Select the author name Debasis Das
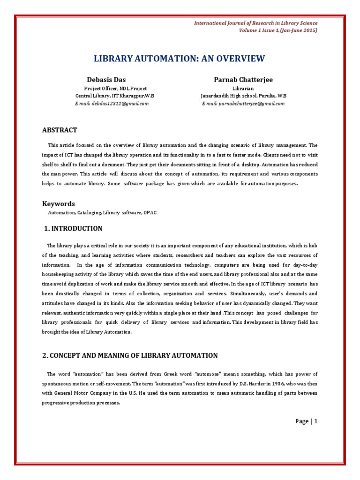point(106,79)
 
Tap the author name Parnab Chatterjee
point(243,79)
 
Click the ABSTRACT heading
point(60,130)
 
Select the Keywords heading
point(59,203)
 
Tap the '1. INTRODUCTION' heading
point(73,229)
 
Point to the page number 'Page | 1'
point(307,421)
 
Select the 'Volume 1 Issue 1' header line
point(278,30)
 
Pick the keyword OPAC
point(151,213)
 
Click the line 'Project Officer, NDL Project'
point(115,88)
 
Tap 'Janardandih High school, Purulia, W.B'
point(243,96)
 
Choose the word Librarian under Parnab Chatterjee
point(243,88)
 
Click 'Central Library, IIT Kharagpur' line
point(115,96)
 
